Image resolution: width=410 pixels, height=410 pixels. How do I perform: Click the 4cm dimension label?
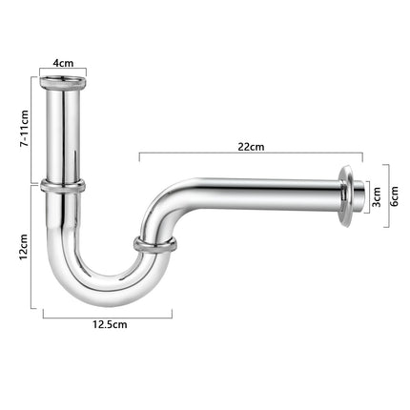[63, 63]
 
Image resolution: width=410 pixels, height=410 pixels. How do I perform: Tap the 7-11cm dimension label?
[24, 128]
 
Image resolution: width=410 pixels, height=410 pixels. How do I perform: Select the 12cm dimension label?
[24, 247]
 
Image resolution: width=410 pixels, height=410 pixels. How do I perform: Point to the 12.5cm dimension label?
[110, 324]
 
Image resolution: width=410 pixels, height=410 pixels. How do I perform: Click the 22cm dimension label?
[251, 147]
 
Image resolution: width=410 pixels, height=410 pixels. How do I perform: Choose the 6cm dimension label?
[394, 196]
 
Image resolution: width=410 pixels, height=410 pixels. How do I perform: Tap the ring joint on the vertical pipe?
[63, 186]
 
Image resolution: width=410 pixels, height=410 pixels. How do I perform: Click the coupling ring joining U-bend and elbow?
[154, 245]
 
